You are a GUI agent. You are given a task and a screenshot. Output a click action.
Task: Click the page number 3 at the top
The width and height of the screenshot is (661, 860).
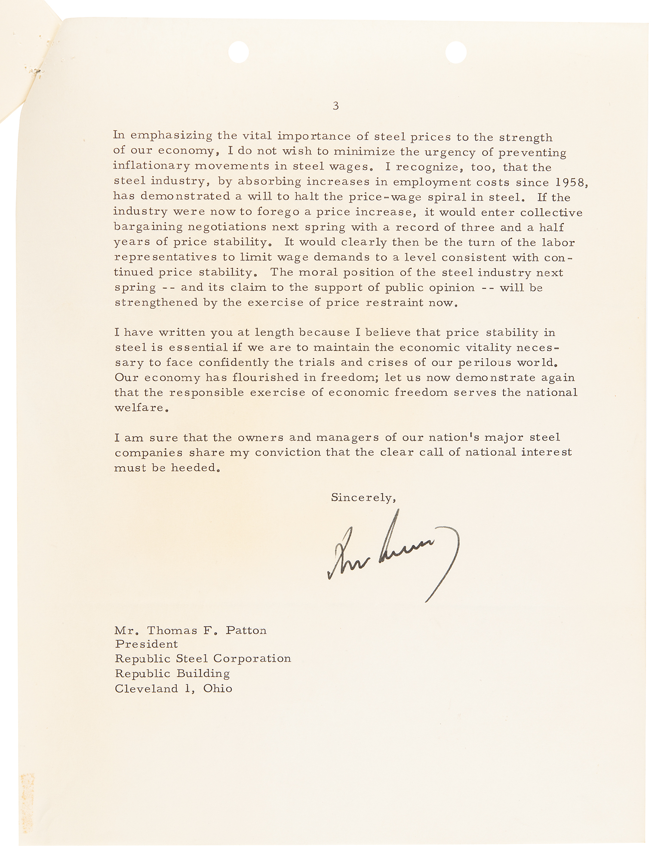(335, 106)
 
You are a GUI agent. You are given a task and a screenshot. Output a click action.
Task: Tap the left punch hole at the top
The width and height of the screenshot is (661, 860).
(239, 52)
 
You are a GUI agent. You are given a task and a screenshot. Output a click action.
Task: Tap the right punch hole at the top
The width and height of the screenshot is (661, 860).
(456, 52)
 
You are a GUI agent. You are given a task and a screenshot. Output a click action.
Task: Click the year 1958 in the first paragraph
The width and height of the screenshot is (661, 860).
(569, 182)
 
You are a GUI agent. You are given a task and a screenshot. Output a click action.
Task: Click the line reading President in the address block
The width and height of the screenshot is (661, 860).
(146, 644)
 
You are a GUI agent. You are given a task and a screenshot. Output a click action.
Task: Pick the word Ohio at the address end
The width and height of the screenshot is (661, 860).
(218, 688)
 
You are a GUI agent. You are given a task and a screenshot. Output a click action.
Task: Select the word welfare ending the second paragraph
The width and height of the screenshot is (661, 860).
(139, 407)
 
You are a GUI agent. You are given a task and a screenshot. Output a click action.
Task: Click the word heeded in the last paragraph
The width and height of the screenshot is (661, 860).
(194, 467)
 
